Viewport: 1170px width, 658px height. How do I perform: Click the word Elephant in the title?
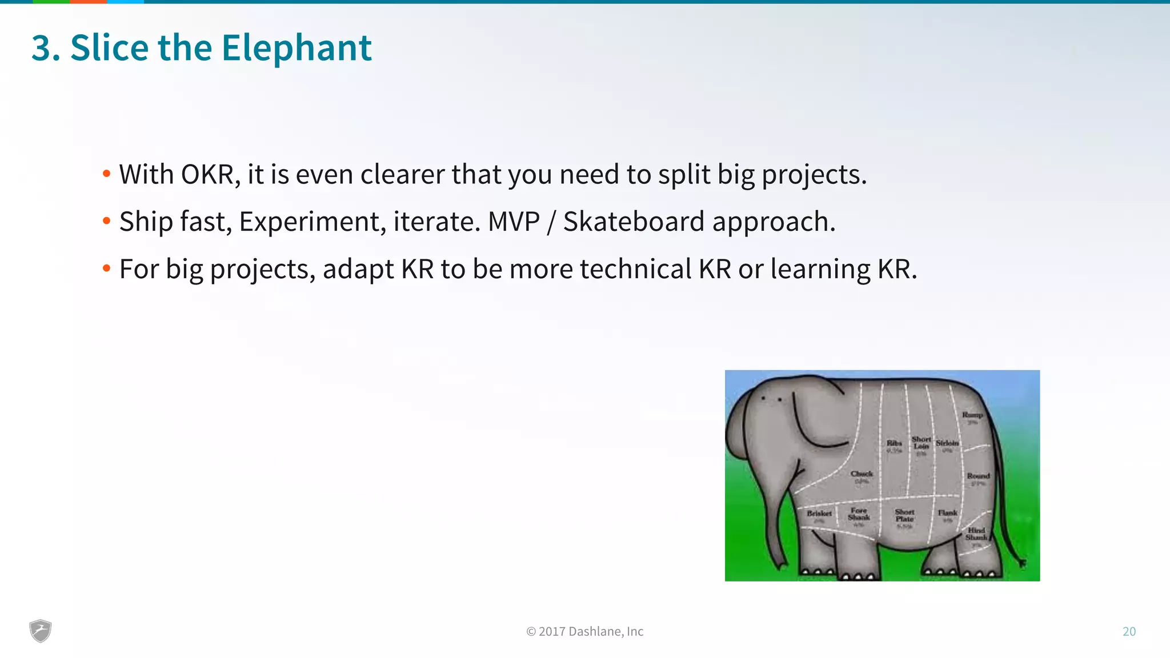(x=296, y=47)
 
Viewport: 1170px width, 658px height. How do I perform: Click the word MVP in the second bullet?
(x=514, y=222)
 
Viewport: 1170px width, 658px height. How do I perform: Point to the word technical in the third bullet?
(x=636, y=269)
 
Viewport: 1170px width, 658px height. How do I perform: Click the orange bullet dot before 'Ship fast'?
(x=106, y=221)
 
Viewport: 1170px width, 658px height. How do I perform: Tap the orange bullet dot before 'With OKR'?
(x=106, y=174)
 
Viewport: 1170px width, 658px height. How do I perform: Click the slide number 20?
(x=1129, y=631)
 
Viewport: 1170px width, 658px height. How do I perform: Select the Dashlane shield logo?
(x=41, y=631)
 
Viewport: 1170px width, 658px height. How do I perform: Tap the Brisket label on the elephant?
(x=819, y=513)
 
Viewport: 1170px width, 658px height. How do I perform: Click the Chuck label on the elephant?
(x=862, y=474)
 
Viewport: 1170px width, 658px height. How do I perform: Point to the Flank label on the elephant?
(x=947, y=513)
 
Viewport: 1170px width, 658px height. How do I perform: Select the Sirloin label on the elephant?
(x=947, y=443)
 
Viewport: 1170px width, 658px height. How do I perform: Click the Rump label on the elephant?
(x=972, y=415)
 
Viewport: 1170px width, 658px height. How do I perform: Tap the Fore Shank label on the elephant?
(x=859, y=514)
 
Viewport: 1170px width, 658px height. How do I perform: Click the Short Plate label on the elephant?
(x=904, y=516)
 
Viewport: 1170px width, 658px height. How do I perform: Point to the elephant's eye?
(x=779, y=399)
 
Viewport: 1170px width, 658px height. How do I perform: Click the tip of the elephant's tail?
(x=1023, y=563)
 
